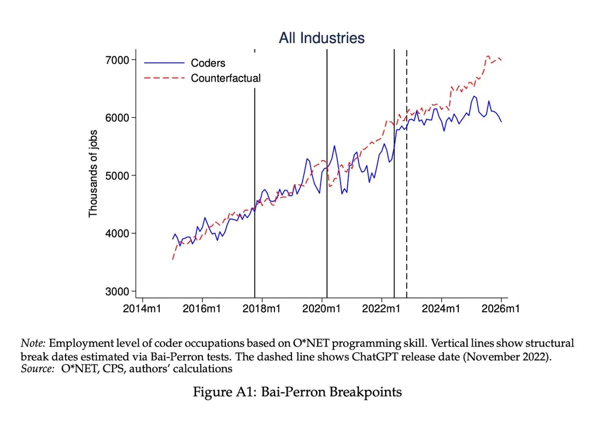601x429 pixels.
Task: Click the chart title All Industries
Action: point(322,38)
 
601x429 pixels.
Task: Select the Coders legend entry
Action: point(208,63)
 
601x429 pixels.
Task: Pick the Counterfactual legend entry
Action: point(225,78)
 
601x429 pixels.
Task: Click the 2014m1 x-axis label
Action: point(142,309)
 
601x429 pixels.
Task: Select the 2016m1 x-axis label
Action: point(202,309)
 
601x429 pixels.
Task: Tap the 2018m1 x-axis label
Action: point(261,309)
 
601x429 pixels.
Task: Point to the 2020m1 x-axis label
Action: point(322,309)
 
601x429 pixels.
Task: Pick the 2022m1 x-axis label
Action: point(381,309)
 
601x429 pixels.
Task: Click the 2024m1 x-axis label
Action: point(441,309)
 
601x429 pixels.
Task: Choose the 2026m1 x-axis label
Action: point(500,309)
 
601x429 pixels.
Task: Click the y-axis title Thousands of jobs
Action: point(93,173)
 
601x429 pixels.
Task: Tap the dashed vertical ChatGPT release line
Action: point(406,200)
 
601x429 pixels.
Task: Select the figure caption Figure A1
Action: point(297,392)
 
